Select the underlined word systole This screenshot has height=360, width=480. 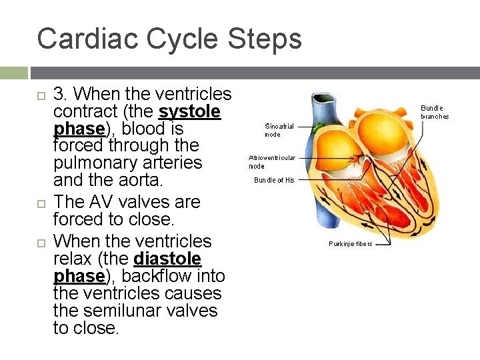pos(189,111)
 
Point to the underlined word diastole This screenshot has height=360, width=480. pos(167,258)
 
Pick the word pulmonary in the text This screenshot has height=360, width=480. pos(95,163)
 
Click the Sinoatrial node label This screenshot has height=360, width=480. pos(279,130)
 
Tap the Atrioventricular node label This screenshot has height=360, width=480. pos(272,162)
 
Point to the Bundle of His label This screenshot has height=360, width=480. pos(274,180)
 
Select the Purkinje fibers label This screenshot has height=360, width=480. pos(350,243)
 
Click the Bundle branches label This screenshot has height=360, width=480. pos(434,112)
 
